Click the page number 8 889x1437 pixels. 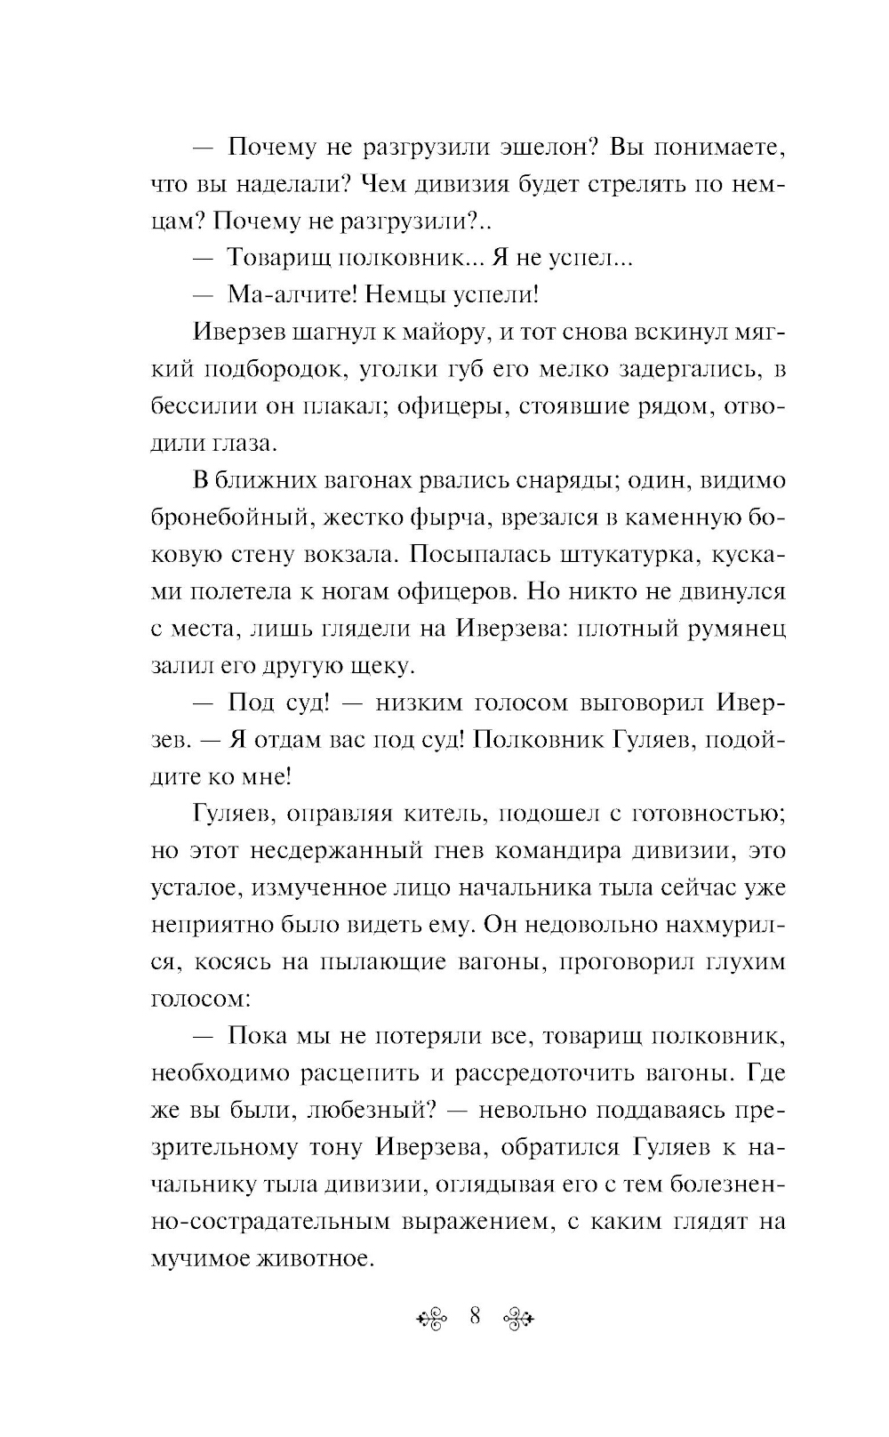[474, 1316]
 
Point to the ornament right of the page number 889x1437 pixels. [518, 1318]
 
